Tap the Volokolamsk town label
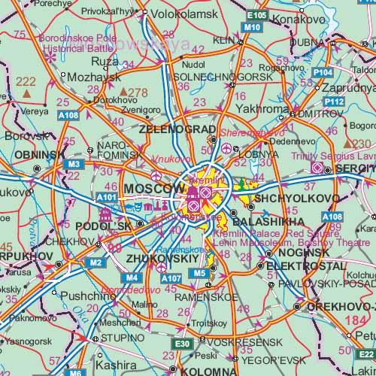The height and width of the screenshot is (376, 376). click(x=185, y=14)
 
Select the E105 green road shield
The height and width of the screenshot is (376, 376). click(x=257, y=14)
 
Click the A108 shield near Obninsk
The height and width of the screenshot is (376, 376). click(x=68, y=115)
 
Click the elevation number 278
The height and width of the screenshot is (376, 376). click(x=138, y=92)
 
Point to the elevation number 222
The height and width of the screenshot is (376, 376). click(x=26, y=81)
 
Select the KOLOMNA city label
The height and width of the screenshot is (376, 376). click(x=203, y=370)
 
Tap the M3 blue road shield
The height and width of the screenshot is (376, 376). click(x=74, y=164)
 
